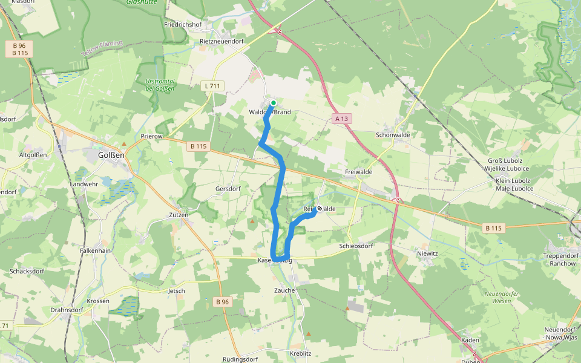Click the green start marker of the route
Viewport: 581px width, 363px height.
[x=273, y=103]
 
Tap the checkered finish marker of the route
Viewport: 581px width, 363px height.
[x=320, y=209]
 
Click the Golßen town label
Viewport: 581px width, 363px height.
[x=111, y=155]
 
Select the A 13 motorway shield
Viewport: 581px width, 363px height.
[x=341, y=119]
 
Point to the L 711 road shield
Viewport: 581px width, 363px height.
[x=212, y=86]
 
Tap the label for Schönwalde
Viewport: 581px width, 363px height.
[x=393, y=135]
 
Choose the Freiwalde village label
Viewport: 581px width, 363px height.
[x=358, y=172]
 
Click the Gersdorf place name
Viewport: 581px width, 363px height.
[x=228, y=189]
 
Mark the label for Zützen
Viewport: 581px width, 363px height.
[x=179, y=215]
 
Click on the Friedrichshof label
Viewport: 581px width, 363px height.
[x=183, y=25]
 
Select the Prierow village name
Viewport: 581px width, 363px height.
[x=152, y=136]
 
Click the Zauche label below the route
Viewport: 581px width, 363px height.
[x=284, y=290]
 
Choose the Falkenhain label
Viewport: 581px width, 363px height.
[x=95, y=250]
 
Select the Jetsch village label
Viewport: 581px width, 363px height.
[x=176, y=291]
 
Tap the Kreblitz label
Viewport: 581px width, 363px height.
[x=300, y=353]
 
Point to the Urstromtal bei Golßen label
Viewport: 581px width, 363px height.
[x=160, y=85]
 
